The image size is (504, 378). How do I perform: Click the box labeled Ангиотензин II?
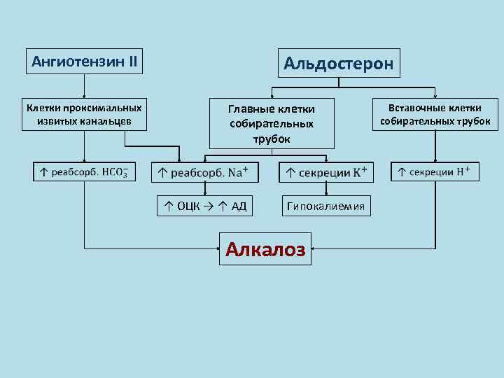(x=84, y=62)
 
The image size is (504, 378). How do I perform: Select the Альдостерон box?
(x=339, y=64)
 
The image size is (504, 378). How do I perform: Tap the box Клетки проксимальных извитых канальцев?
(x=84, y=114)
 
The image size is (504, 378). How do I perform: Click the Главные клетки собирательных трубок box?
(x=272, y=124)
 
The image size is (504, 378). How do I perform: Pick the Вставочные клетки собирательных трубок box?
(x=435, y=114)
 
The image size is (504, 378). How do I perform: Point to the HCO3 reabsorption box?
(x=84, y=171)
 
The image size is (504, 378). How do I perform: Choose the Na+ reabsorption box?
(x=205, y=172)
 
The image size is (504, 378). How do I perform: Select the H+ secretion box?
(x=435, y=171)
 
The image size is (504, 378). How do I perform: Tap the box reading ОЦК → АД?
(x=205, y=206)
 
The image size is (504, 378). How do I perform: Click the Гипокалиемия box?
(x=326, y=206)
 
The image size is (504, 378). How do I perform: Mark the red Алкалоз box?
(x=265, y=248)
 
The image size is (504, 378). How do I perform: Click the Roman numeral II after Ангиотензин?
(x=131, y=62)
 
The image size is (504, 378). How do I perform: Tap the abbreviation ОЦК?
(x=188, y=206)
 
